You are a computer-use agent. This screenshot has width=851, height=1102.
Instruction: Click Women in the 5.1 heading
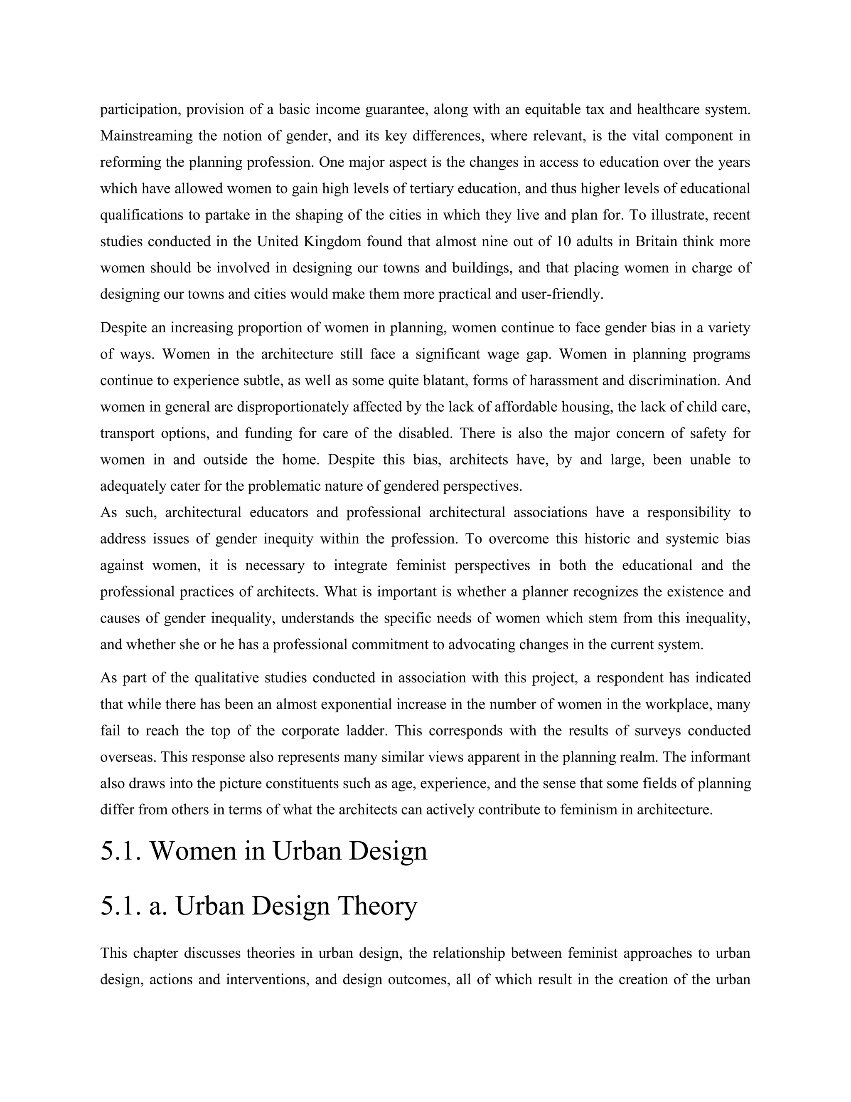193,851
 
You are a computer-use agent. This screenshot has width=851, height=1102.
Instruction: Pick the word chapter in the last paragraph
157,953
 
